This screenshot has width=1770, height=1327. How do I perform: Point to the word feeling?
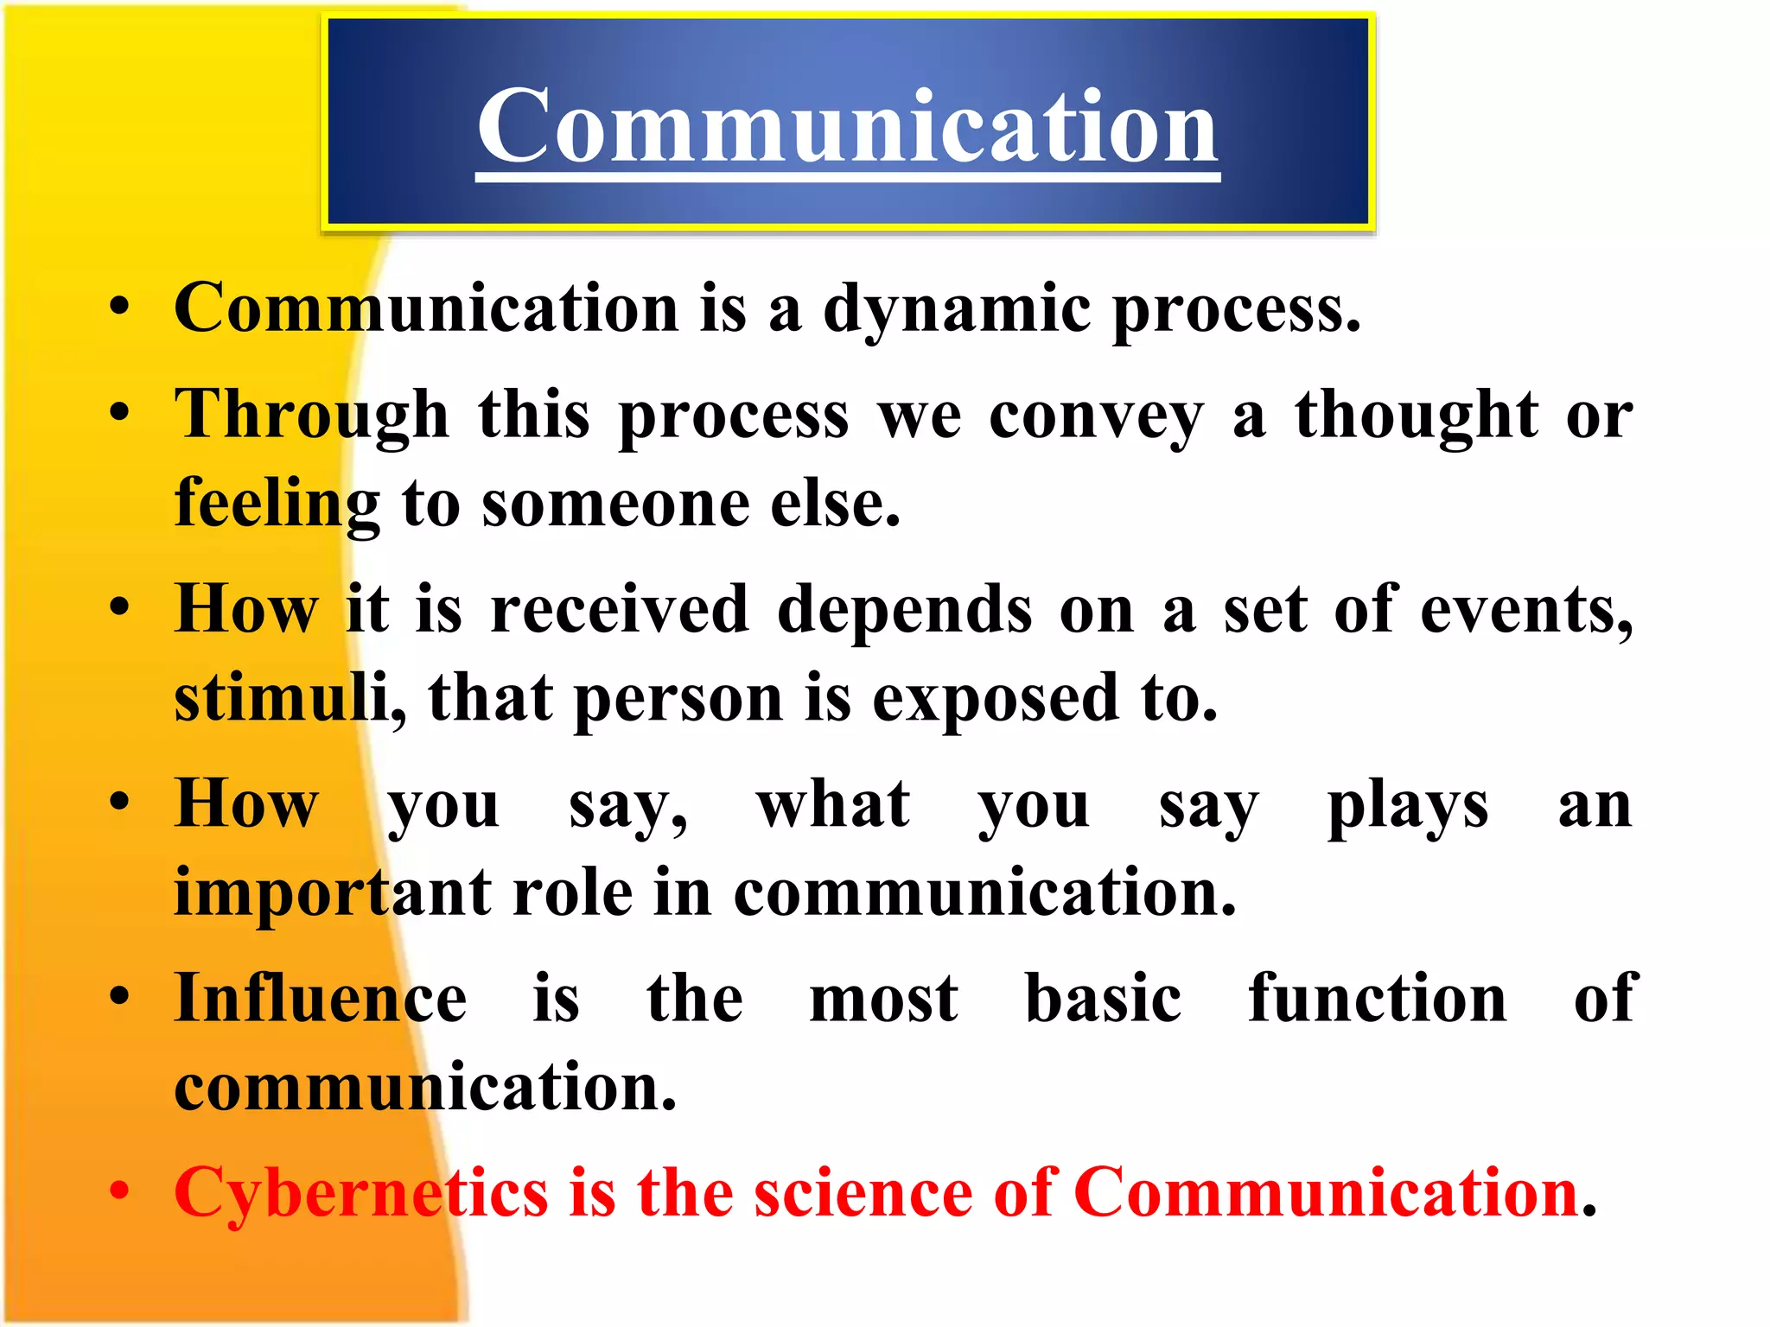click(x=277, y=505)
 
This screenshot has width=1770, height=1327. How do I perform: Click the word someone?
click(x=615, y=505)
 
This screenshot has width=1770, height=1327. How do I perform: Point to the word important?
click(x=333, y=892)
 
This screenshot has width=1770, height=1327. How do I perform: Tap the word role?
click(x=573, y=892)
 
